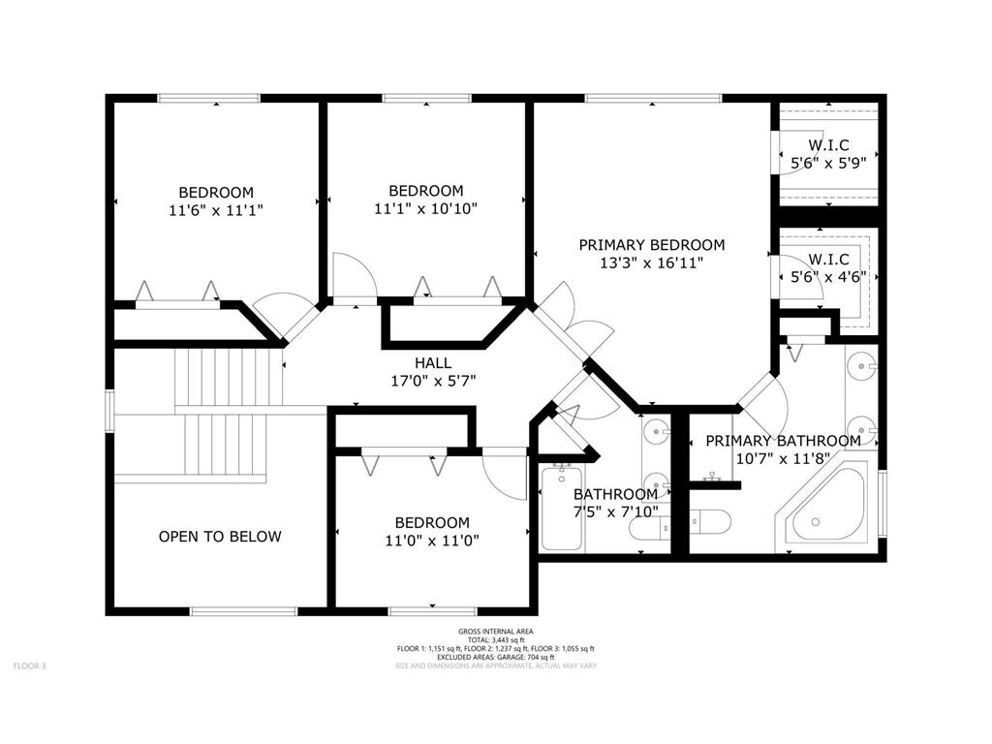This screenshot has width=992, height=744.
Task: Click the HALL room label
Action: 433,362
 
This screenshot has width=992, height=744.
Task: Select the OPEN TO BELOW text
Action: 220,536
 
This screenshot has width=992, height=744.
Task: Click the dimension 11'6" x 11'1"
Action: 215,209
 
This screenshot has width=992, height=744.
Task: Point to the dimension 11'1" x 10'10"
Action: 426,208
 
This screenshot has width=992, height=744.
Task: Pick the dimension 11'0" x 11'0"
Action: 426,541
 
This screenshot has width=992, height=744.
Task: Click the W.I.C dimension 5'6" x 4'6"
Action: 828,276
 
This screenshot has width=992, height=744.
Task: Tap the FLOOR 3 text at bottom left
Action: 29,666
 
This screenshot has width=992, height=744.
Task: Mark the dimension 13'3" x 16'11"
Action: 651,263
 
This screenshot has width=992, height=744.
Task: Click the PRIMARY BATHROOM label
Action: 783,441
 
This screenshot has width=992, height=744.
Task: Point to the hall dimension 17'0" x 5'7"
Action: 433,381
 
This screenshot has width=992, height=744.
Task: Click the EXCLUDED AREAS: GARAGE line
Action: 495,657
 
